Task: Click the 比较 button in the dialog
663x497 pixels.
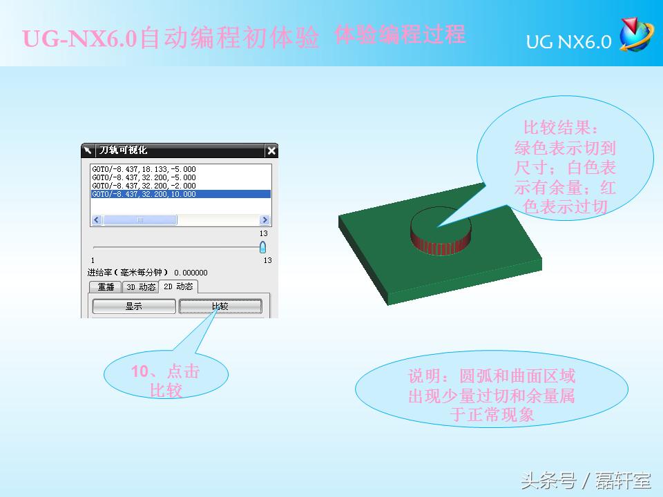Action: coord(220,306)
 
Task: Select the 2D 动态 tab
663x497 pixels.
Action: coord(178,286)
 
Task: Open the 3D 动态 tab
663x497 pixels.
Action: coord(140,287)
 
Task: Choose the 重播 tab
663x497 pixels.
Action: coord(106,287)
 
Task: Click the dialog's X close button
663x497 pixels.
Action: coord(271,150)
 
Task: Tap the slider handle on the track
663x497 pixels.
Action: coord(262,247)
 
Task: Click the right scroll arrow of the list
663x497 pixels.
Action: coord(265,220)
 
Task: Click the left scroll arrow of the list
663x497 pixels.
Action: coord(97,220)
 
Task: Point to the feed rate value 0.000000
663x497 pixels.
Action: coord(191,273)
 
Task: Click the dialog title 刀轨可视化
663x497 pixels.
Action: coord(123,150)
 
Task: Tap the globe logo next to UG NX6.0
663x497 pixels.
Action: coord(635,36)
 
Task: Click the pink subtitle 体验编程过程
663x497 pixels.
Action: coord(400,35)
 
